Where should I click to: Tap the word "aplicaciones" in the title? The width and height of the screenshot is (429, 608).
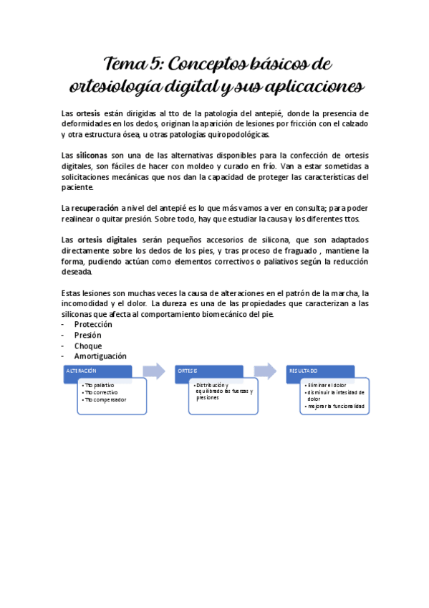click(312, 87)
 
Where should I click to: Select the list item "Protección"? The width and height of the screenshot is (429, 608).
click(93, 324)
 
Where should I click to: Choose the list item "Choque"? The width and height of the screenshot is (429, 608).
click(88, 345)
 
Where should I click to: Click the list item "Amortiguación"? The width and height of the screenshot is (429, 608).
click(100, 356)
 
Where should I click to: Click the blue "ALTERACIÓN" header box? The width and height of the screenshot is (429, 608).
click(97, 371)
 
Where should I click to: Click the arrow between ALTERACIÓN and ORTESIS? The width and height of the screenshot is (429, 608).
click(153, 371)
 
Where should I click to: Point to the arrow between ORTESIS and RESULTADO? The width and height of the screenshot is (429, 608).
click(264, 371)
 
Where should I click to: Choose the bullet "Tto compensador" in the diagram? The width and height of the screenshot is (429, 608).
click(105, 399)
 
